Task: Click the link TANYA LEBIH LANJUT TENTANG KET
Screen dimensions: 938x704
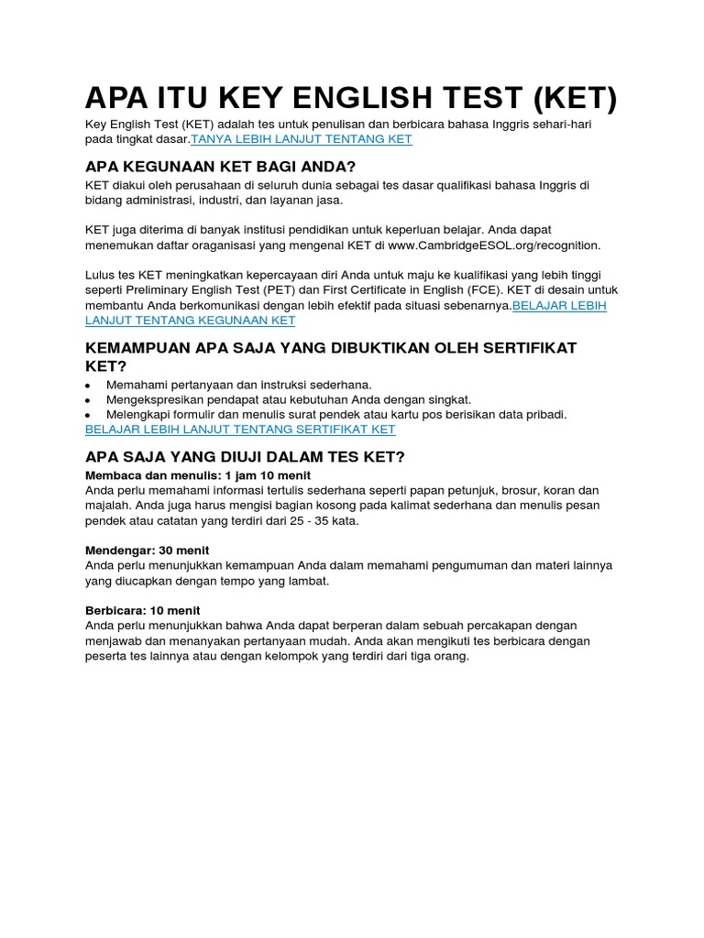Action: click(302, 139)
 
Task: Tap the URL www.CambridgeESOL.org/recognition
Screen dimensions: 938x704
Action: click(494, 245)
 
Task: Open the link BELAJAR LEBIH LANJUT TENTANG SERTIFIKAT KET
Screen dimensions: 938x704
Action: click(240, 429)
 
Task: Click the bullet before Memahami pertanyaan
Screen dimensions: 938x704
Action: click(88, 386)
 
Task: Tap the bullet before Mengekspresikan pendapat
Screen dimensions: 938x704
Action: click(88, 400)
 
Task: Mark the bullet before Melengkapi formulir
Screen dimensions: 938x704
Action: click(88, 415)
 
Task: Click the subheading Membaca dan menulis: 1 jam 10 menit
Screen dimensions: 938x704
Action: click(197, 475)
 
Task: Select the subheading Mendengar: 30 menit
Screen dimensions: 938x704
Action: click(147, 551)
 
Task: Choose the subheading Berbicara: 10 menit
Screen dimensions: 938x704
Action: click(142, 610)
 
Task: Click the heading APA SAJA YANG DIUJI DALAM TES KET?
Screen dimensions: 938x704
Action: click(245, 456)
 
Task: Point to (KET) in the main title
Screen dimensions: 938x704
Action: click(560, 98)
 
